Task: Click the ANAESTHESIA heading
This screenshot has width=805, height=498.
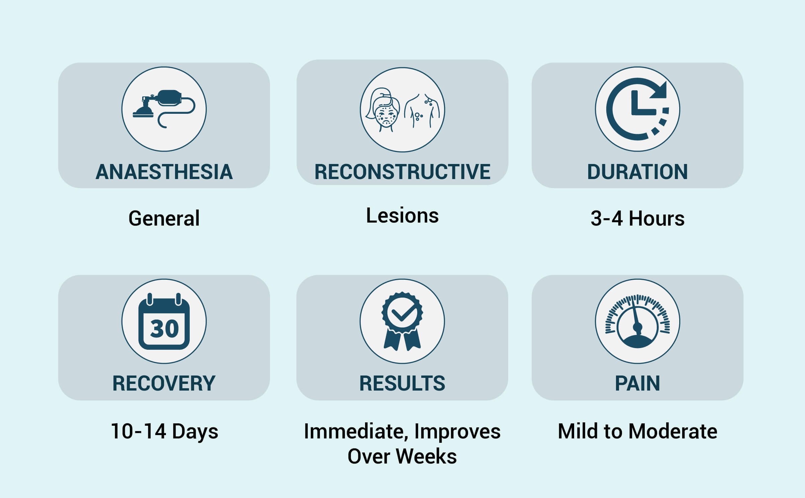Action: tap(164, 172)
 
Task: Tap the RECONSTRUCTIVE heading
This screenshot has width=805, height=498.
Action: tap(402, 172)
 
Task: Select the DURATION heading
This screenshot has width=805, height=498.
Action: tap(637, 172)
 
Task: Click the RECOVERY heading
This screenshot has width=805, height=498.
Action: tap(164, 384)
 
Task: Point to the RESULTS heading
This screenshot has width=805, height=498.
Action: tap(402, 384)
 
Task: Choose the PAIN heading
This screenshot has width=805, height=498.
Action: tap(637, 384)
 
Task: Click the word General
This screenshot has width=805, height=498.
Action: tap(164, 218)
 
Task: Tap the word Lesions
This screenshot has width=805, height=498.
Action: tap(402, 216)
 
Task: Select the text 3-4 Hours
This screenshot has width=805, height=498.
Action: tap(637, 219)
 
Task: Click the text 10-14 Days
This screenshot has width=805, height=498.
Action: tap(164, 431)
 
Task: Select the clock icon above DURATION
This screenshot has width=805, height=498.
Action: tap(637, 109)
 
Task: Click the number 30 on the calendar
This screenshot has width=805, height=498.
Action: tap(164, 328)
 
